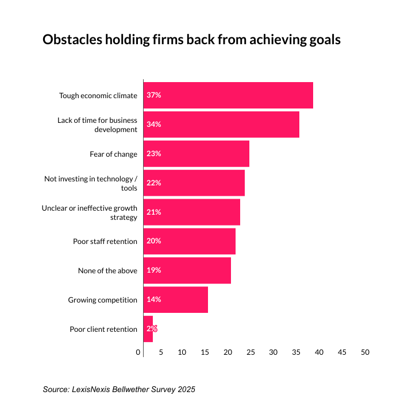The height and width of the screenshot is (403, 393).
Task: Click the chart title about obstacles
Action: coord(192,40)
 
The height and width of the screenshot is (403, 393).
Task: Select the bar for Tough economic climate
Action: coord(228,95)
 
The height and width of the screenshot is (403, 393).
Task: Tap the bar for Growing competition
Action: coord(175,300)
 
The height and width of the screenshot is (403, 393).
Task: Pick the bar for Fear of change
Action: coord(196,154)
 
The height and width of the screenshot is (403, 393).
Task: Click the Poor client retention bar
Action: coord(148,329)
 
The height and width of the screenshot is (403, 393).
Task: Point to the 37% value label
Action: coord(153,95)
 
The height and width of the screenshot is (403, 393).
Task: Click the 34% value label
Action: coord(153,125)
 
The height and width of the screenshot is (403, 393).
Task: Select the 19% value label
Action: coord(153,270)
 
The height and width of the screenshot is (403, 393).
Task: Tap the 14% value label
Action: coord(153,300)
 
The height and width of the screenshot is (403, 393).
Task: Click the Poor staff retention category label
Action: coord(105,241)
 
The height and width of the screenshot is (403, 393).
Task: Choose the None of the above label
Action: coord(108,270)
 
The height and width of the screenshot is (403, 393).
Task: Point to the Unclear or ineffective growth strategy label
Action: coord(90,212)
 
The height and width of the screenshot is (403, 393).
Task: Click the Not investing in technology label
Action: coord(91,183)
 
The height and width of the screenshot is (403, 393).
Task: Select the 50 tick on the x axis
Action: coord(365,352)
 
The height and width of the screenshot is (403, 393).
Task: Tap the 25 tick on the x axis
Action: coord(251,352)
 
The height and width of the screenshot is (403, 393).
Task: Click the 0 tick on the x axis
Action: coord(138,352)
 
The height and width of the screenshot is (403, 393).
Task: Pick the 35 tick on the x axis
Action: coord(296,352)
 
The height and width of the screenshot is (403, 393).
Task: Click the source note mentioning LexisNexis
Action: coord(119,389)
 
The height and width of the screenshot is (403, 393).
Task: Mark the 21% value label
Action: coord(153,212)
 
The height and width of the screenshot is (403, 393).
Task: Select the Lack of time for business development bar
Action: coord(221,125)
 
